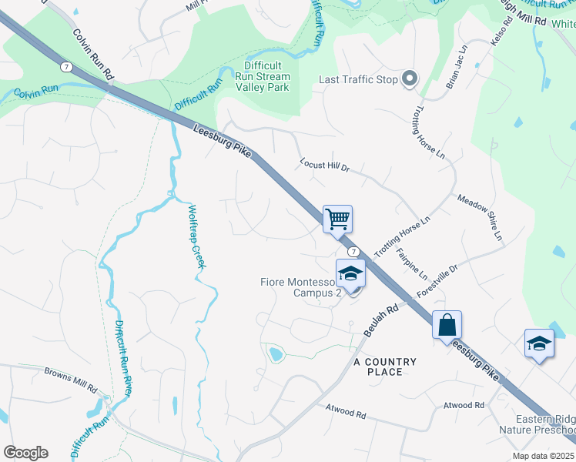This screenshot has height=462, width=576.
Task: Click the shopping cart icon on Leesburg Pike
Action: [337, 219]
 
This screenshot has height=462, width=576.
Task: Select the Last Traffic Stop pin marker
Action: [410, 79]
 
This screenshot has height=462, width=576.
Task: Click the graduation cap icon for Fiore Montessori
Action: [350, 273]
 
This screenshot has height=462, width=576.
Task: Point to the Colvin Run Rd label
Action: [93, 55]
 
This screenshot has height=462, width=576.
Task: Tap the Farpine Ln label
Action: [411, 263]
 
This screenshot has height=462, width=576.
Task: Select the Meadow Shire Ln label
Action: [480, 216]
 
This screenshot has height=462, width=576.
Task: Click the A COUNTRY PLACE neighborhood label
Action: [385, 367]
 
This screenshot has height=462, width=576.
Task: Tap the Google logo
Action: [25, 453]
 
